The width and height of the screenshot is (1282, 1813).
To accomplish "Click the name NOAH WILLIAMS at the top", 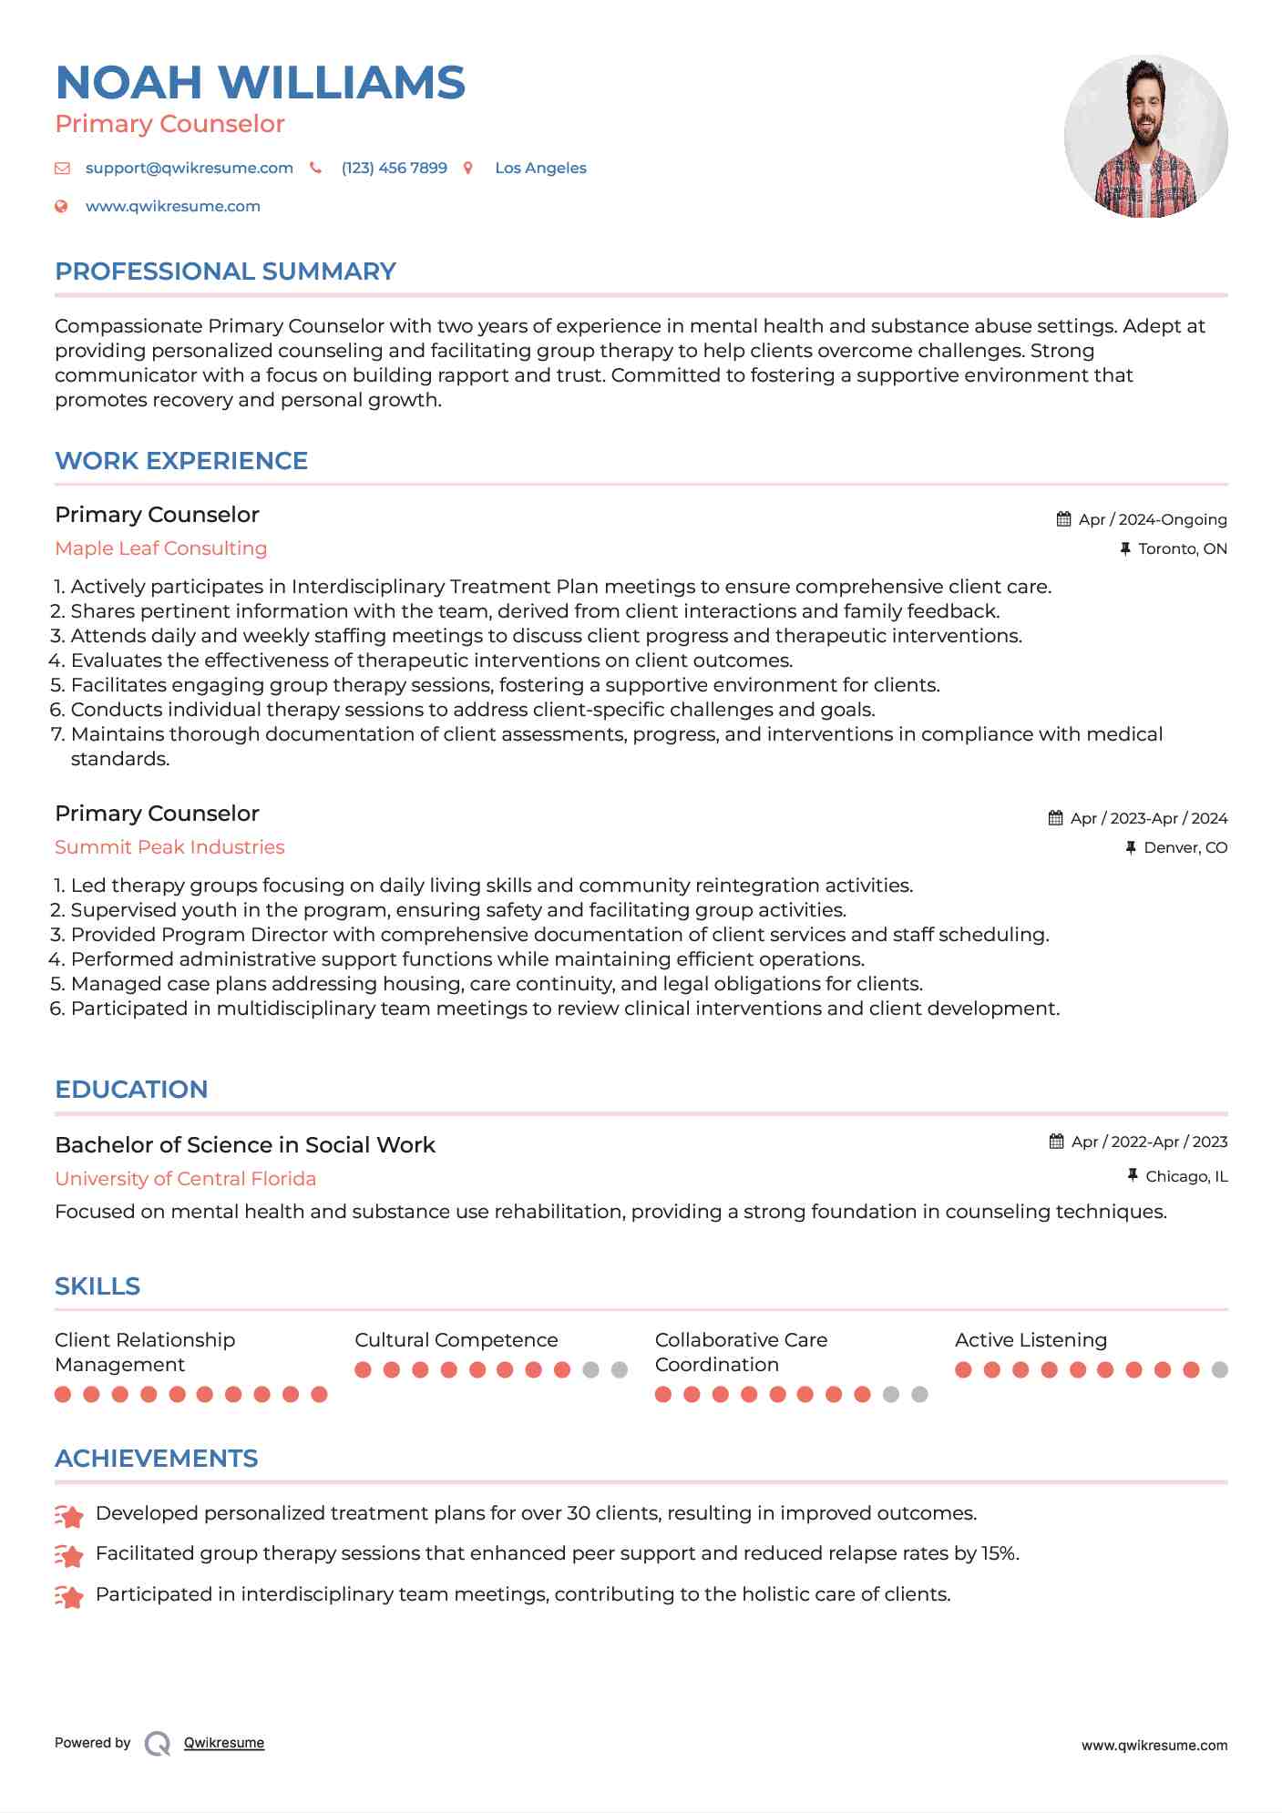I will click(261, 83).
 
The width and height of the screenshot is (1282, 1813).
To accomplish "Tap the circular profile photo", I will click(1145, 137).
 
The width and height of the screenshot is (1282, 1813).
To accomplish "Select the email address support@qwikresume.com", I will click(189, 169).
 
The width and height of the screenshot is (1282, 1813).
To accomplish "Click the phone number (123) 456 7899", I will click(394, 169).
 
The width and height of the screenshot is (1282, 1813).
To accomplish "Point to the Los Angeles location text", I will click(540, 169).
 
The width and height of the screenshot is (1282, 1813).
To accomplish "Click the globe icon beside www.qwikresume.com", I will click(62, 207).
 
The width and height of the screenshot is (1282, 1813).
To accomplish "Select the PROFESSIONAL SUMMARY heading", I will click(225, 271).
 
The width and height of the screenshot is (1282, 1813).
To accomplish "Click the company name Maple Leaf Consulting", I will click(160, 548).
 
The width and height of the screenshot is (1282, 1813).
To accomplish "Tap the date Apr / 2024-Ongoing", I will click(1152, 520).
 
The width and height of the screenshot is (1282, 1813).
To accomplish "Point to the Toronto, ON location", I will click(1182, 549).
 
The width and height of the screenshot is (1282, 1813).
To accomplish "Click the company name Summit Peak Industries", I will click(169, 847).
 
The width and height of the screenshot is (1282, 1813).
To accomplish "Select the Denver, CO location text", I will click(1185, 848).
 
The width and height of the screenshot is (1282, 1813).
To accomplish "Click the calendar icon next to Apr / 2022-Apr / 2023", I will click(1056, 1142).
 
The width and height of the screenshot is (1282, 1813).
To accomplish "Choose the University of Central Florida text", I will click(185, 1179).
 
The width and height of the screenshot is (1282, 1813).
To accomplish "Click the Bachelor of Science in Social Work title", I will click(245, 1145).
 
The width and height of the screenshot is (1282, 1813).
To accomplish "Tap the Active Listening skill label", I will click(1031, 1340).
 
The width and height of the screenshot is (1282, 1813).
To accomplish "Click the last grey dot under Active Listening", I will click(1220, 1370).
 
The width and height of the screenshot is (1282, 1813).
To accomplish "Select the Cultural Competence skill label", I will click(456, 1340).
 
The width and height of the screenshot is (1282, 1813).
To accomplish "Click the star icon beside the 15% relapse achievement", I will click(69, 1555).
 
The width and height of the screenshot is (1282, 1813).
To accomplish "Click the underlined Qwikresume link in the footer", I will click(224, 1743).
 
